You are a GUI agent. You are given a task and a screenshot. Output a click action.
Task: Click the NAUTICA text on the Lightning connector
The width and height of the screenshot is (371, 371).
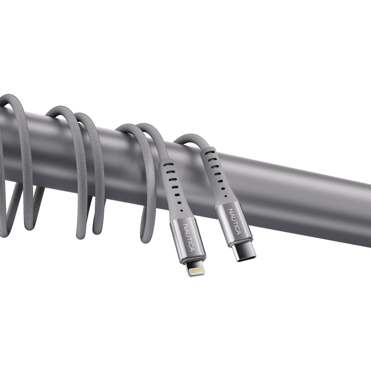188,237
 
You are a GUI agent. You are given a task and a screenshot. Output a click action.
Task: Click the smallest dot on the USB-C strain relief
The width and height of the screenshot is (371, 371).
224,195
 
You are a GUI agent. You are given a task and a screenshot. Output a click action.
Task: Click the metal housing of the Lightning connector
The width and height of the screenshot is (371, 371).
186,239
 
